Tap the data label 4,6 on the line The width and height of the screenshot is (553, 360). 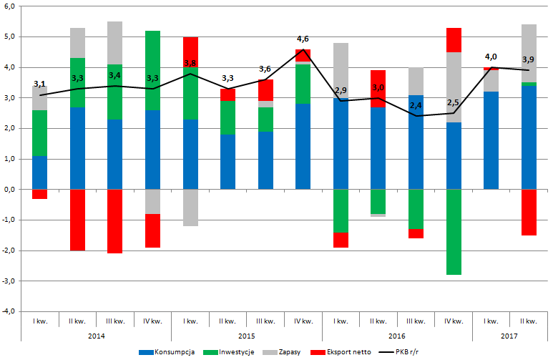pos(303,39)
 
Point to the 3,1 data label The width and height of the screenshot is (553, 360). pos(41,85)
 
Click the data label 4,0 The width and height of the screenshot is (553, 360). pos(491,57)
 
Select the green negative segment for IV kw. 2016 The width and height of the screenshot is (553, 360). pos(454,232)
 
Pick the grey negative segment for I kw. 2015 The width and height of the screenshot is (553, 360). pos(190,208)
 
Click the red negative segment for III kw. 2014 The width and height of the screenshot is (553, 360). pos(115,221)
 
